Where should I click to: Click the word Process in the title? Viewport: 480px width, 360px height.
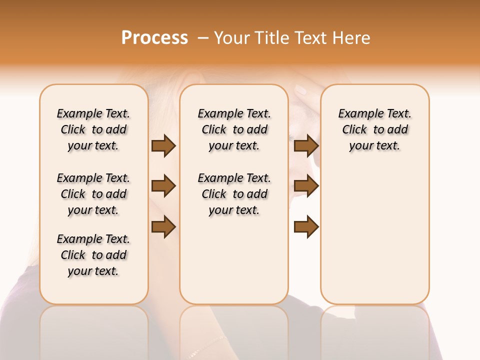click(x=154, y=38)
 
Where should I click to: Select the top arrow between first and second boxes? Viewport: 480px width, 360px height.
click(x=163, y=145)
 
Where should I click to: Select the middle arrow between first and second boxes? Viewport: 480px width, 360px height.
click(x=163, y=186)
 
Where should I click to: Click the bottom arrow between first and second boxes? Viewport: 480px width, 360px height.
click(x=163, y=227)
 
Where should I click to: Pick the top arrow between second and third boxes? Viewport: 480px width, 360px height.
click(x=306, y=145)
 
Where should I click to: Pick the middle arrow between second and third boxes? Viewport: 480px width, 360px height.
click(x=306, y=186)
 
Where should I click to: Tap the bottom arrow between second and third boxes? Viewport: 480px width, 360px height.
click(x=306, y=227)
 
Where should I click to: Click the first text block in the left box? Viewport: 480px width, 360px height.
click(x=93, y=129)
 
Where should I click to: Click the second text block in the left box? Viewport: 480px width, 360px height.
click(x=93, y=194)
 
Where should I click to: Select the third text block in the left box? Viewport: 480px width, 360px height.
click(x=93, y=255)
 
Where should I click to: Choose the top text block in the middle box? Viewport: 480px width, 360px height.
click(x=234, y=129)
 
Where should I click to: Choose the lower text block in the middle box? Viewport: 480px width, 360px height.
click(x=234, y=194)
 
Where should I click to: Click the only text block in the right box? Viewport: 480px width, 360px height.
click(x=374, y=129)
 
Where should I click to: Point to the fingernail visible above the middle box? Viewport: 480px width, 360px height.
click(x=300, y=90)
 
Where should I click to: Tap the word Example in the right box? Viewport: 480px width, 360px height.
click(x=355, y=114)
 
